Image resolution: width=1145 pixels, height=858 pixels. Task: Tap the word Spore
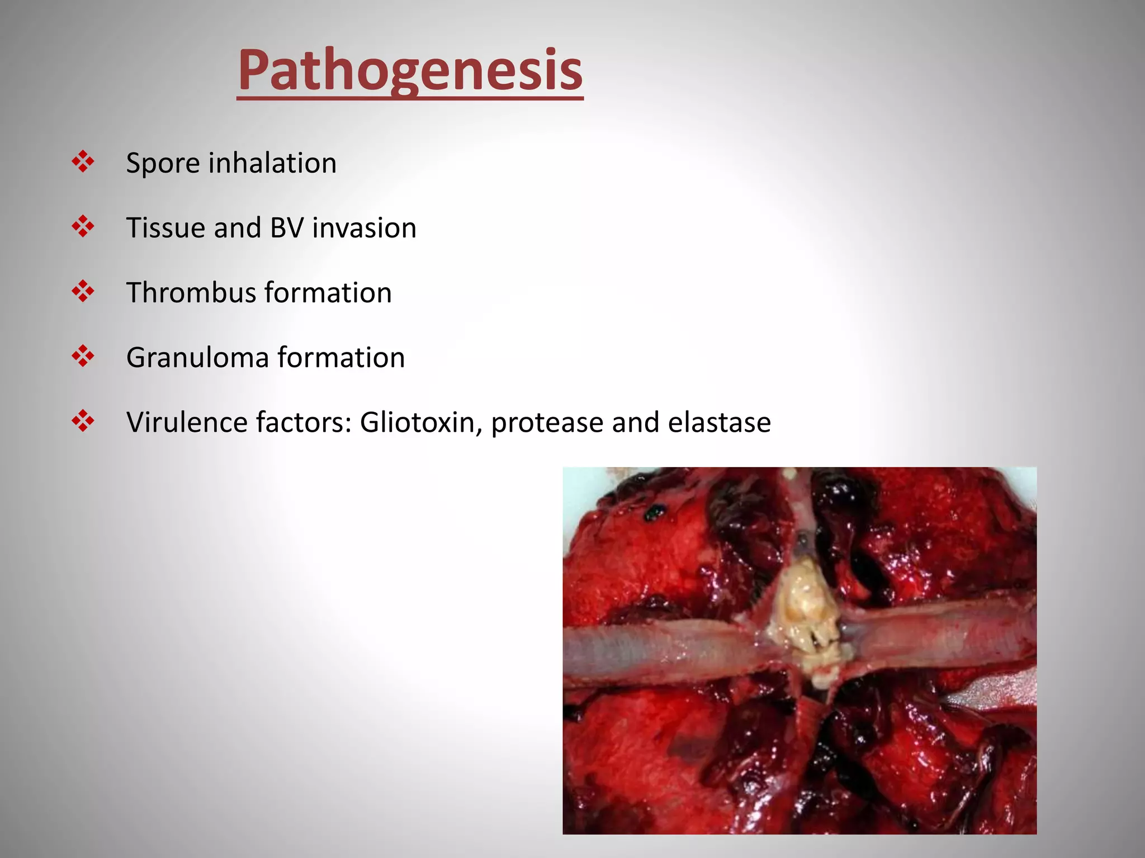[x=163, y=164]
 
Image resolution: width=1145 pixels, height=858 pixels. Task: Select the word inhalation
[x=272, y=164]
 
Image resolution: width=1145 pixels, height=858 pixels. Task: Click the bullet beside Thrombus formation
[x=83, y=292]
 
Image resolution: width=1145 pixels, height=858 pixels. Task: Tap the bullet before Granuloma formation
[x=83, y=356]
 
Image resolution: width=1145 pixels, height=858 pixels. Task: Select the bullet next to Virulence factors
[x=83, y=421]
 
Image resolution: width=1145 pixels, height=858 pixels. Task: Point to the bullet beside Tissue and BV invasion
[x=83, y=227]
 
